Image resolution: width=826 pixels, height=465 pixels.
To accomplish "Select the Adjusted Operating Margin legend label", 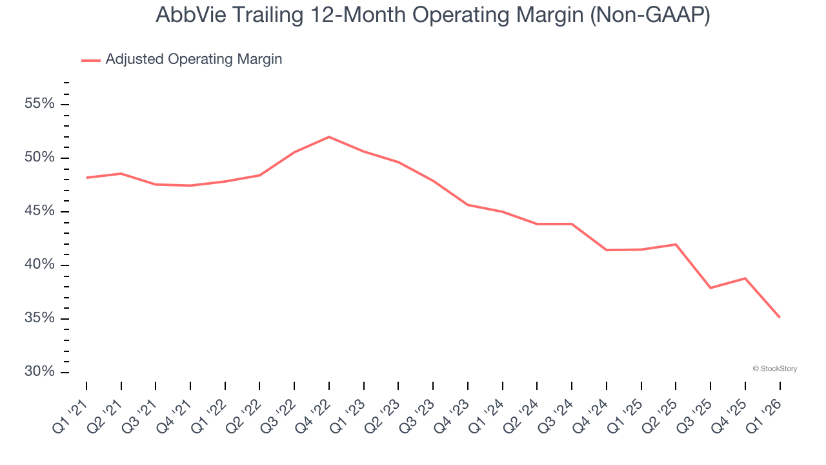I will (194, 59).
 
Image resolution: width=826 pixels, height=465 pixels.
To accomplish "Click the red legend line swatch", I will (91, 61).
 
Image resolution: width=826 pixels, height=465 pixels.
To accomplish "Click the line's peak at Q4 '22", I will (329, 137).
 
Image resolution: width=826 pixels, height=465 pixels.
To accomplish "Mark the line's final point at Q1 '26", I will (780, 317).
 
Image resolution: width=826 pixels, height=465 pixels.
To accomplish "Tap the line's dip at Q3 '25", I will (710, 287).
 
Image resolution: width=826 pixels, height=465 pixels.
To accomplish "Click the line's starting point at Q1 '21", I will (86, 178).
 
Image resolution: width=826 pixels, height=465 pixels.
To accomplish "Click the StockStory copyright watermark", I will (775, 369).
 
